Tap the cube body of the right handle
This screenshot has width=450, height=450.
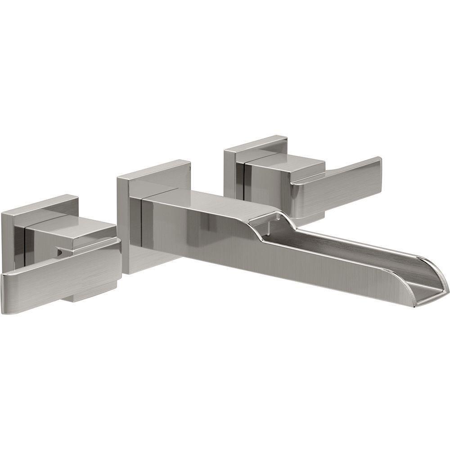pyautogui.click(x=270, y=180)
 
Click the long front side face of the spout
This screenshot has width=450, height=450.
pyautogui.click(x=270, y=256)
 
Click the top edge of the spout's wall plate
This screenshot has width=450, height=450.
pyautogui.click(x=153, y=169)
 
